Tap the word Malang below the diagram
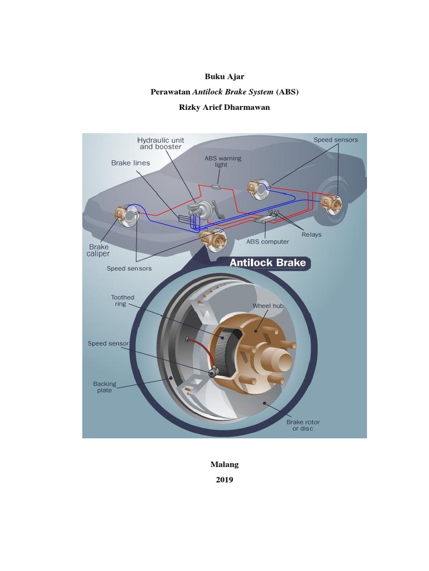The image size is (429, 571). click(x=225, y=464)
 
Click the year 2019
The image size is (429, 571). click(x=225, y=480)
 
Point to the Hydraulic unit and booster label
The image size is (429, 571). click(x=161, y=143)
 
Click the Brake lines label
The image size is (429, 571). click(x=131, y=163)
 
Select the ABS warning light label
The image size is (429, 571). click(x=223, y=161)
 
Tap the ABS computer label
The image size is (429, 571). click(x=268, y=241)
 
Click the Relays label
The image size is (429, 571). click(x=311, y=234)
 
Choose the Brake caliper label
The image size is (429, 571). click(x=99, y=250)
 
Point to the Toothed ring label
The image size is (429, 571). click(x=122, y=302)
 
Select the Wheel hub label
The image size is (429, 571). click(x=268, y=306)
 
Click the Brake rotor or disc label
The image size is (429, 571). click(x=303, y=425)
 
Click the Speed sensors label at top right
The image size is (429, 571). click(x=335, y=140)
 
